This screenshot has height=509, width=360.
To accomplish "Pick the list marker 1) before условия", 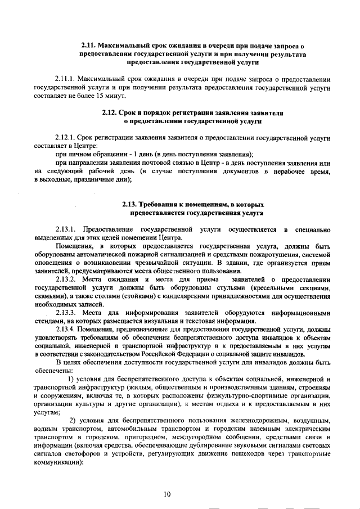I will point(71,380).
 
